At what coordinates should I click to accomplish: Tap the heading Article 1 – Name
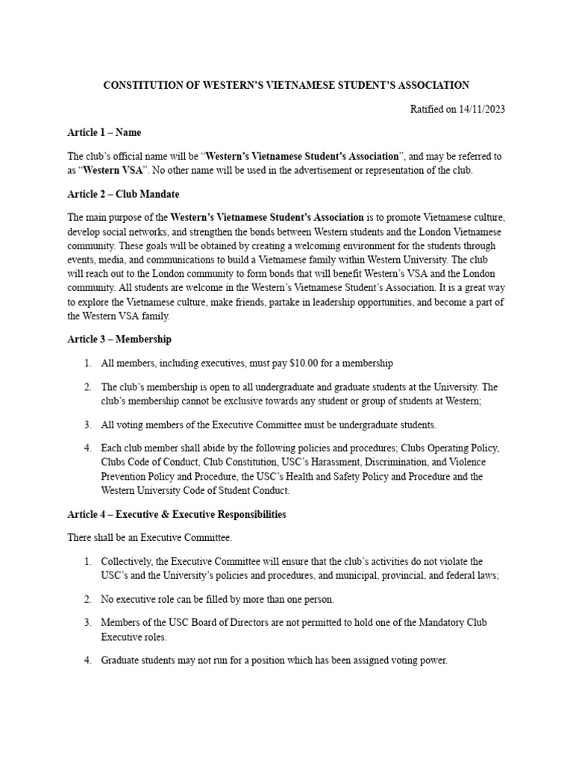(104, 133)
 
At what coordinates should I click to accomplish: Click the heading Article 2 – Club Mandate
(123, 194)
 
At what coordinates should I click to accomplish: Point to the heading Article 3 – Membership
(119, 339)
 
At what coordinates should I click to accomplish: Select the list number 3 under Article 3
(87, 425)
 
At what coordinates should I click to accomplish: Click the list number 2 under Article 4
(87, 599)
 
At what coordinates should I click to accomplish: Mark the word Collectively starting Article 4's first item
(129, 561)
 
